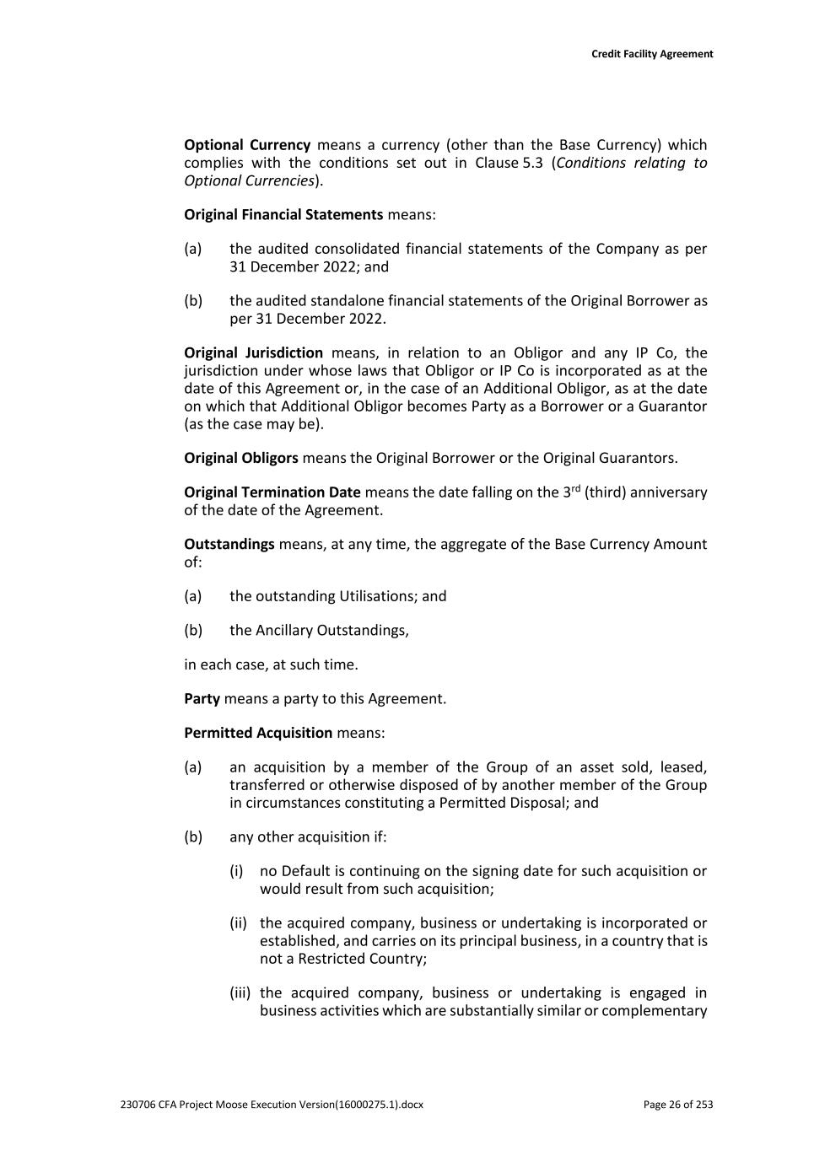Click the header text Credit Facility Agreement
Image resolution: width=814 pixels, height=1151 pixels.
pyautogui.click(x=652, y=54)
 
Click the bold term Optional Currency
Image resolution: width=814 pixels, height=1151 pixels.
pyautogui.click(x=247, y=145)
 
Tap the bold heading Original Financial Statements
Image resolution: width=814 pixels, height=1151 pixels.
pyautogui.click(x=283, y=214)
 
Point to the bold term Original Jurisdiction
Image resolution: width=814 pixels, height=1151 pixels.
pyautogui.click(x=253, y=352)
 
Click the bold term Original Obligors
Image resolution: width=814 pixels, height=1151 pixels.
pyautogui.click(x=241, y=458)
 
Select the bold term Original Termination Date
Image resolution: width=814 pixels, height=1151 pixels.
pyautogui.click(x=272, y=492)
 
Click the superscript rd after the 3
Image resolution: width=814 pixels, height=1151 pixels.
pyautogui.click(x=576, y=488)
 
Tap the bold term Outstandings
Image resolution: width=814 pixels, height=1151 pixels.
pyautogui.click(x=229, y=544)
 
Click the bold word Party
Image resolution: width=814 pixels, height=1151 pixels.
pyautogui.click(x=202, y=698)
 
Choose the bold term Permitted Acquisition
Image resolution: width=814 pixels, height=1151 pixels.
pyautogui.click(x=258, y=733)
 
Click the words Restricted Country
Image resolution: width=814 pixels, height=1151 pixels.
pyautogui.click(x=354, y=959)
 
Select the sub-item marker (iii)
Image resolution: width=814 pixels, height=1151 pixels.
pyautogui.click(x=240, y=992)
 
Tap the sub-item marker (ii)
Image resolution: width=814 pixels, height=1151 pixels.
pyautogui.click(x=239, y=923)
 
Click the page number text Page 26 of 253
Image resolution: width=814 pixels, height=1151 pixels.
pyautogui.click(x=677, y=1104)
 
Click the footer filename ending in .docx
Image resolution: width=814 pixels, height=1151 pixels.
pyautogui.click(x=272, y=1104)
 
